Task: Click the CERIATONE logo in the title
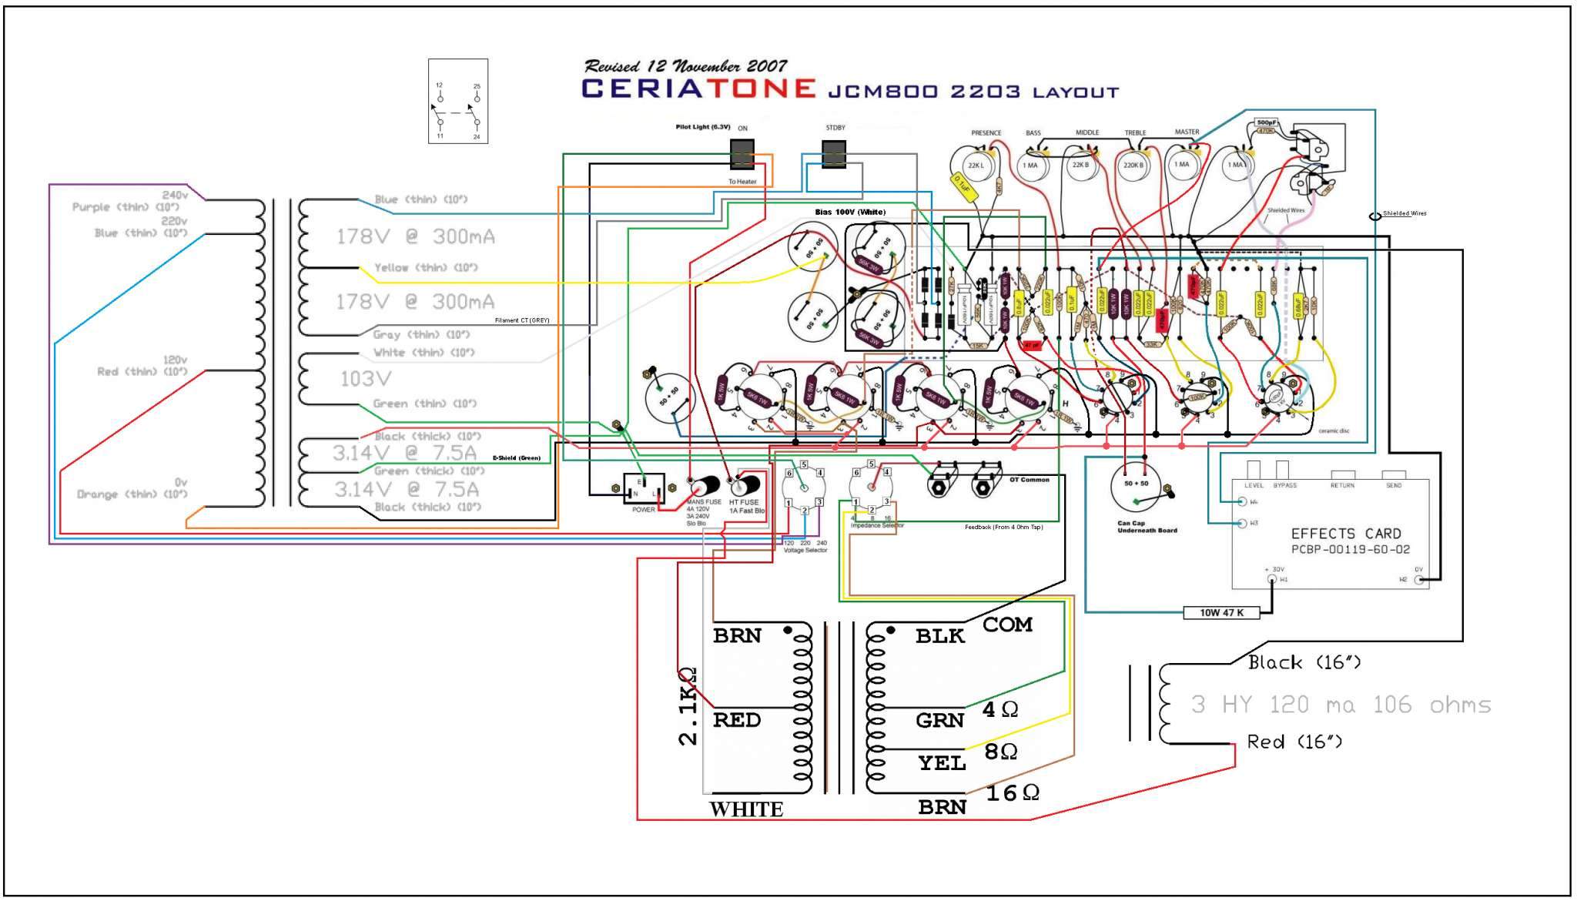click(x=698, y=89)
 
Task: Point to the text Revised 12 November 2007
click(x=685, y=66)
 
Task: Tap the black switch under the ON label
click(x=742, y=154)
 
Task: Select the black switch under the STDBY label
click(x=834, y=154)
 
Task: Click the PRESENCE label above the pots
click(x=986, y=132)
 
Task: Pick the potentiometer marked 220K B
click(x=1133, y=165)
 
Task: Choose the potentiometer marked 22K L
click(x=976, y=165)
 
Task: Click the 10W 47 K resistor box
click(x=1222, y=613)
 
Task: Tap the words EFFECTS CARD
click(x=1346, y=534)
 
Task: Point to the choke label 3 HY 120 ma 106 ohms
click(x=1341, y=705)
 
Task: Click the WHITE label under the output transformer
click(x=746, y=809)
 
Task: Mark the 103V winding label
click(x=366, y=379)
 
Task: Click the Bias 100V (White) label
click(x=850, y=212)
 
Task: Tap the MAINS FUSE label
click(x=704, y=502)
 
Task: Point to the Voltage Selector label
click(x=805, y=551)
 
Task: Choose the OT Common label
click(x=1030, y=480)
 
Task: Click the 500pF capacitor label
click(x=1266, y=122)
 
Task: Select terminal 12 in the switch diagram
click(x=440, y=99)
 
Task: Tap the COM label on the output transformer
click(x=1007, y=625)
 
